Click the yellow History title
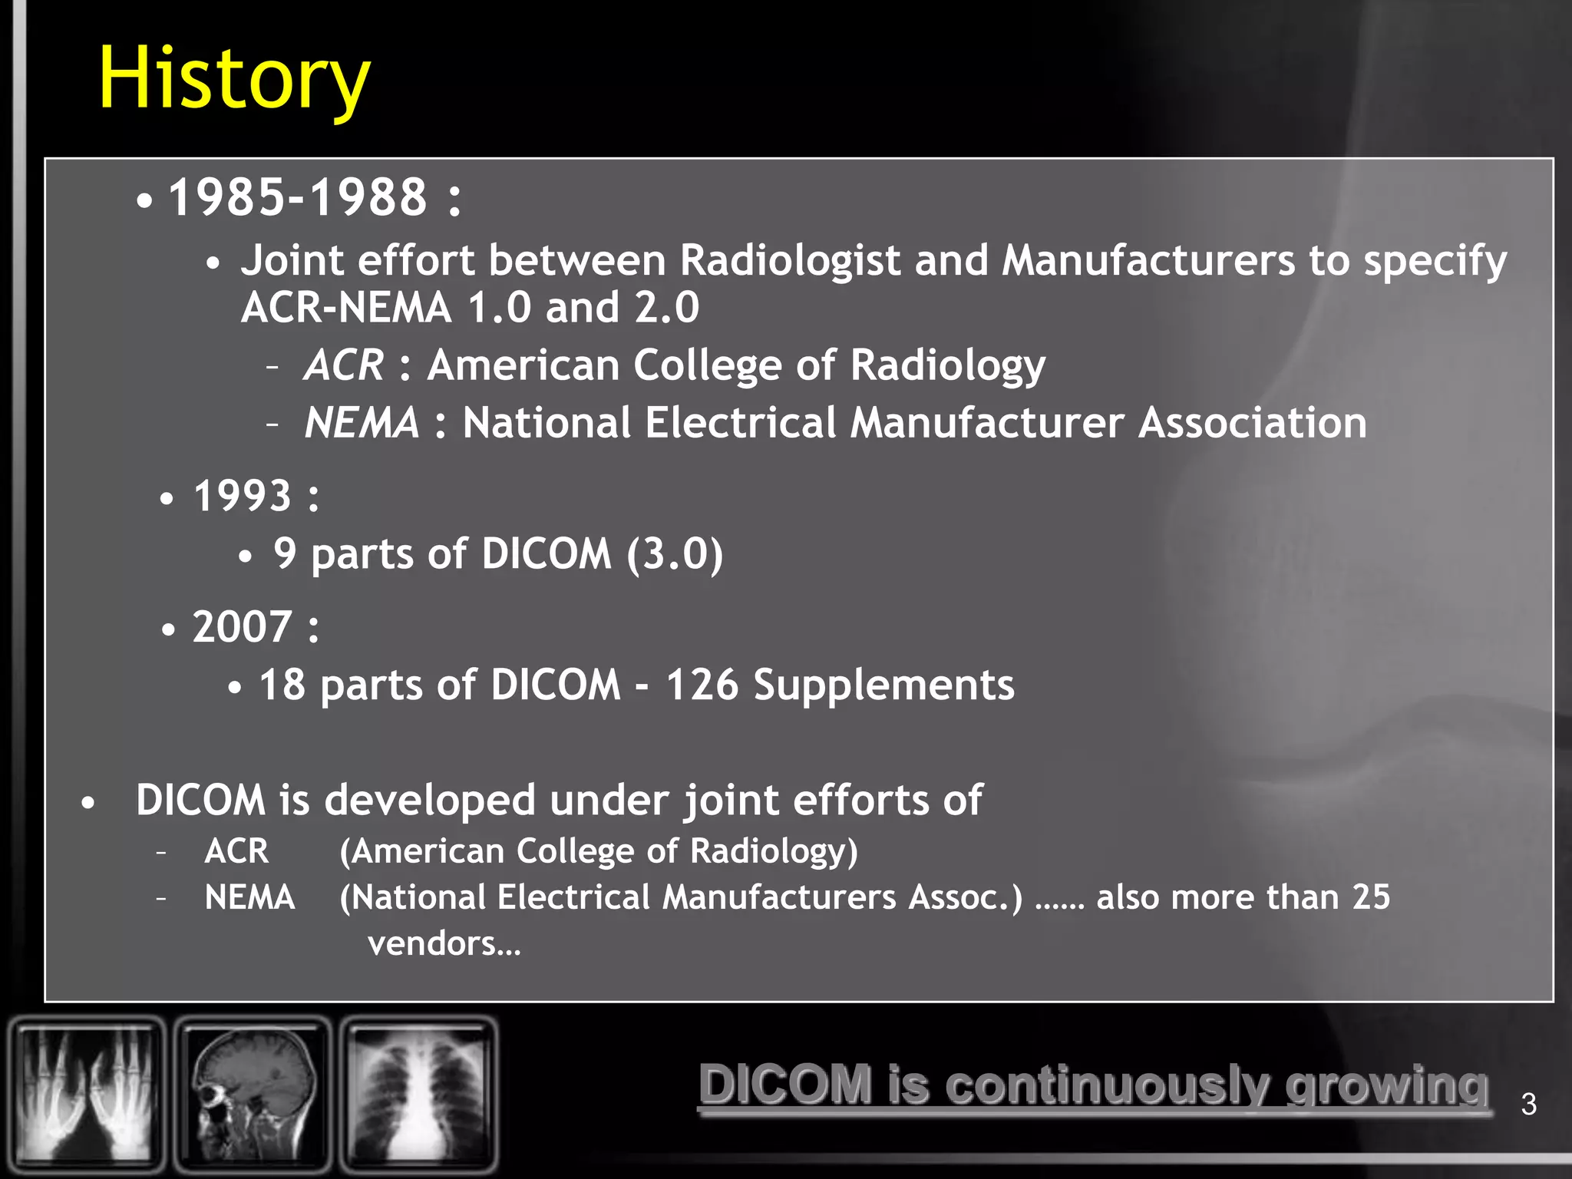[x=234, y=78]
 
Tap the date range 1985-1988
[x=298, y=197]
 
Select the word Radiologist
[x=790, y=261]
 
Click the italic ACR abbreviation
[x=343, y=365]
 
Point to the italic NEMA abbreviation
[x=362, y=423]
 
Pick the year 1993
[x=243, y=496]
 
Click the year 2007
[x=243, y=626]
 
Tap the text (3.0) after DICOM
[x=675, y=553]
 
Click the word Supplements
[x=883, y=685]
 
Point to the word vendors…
[x=444, y=943]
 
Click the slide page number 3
[x=1528, y=1105]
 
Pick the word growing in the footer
[x=1387, y=1086]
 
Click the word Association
[x=1252, y=423]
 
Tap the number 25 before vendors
[x=1371, y=897]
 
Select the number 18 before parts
[x=282, y=685]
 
